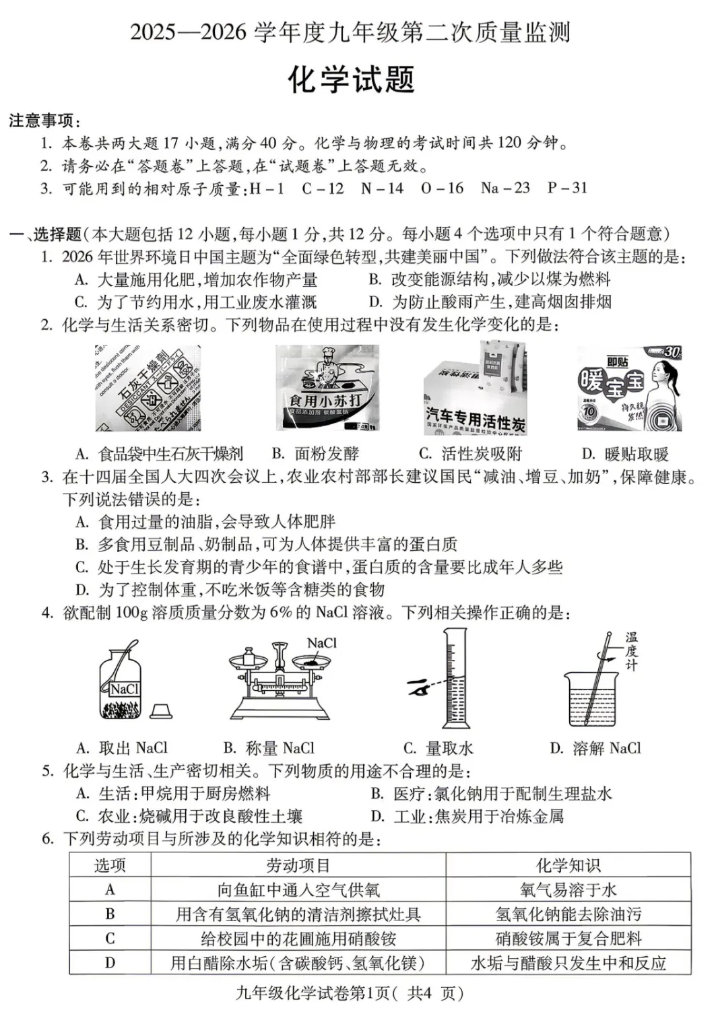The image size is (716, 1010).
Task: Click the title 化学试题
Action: click(x=350, y=80)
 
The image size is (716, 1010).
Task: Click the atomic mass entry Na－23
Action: click(x=505, y=188)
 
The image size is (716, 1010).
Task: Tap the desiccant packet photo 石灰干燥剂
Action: click(x=148, y=389)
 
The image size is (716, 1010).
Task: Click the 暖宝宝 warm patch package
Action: click(x=629, y=389)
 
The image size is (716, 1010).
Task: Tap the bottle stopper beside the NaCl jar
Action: click(x=161, y=711)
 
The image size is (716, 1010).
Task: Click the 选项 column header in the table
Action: click(x=110, y=865)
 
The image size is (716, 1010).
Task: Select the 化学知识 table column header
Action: click(x=568, y=865)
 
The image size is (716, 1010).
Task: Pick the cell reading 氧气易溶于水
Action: click(x=568, y=889)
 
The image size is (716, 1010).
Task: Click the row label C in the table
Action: click(x=110, y=938)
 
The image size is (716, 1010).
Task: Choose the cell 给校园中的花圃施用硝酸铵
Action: click(x=298, y=938)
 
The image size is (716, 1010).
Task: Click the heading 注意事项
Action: click(x=44, y=121)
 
